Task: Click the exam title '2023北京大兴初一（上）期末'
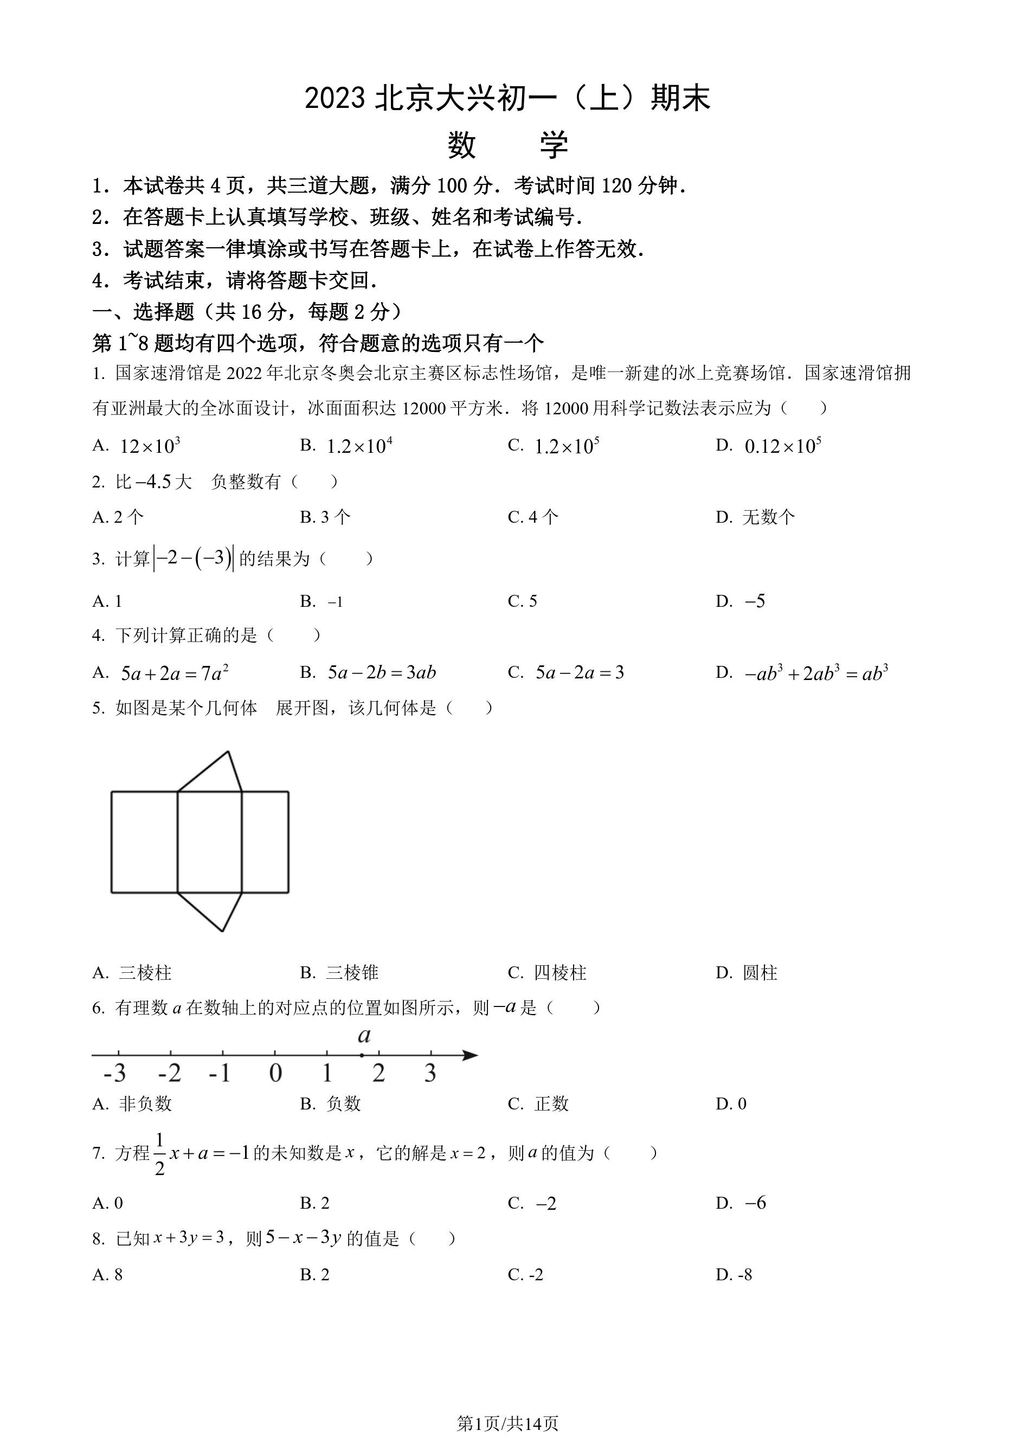pyautogui.click(x=507, y=99)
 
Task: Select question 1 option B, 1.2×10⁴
pyautogui.click(x=358, y=446)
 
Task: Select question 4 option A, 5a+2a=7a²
pyautogui.click(x=174, y=673)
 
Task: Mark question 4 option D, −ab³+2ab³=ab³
pyautogui.click(x=816, y=673)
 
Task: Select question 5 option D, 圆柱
pyautogui.click(x=760, y=973)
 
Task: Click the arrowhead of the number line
pyautogui.click(x=471, y=1055)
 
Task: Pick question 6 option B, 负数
pyautogui.click(x=343, y=1104)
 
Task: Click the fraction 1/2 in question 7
pyautogui.click(x=159, y=1153)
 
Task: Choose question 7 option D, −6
pyautogui.click(x=755, y=1203)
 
